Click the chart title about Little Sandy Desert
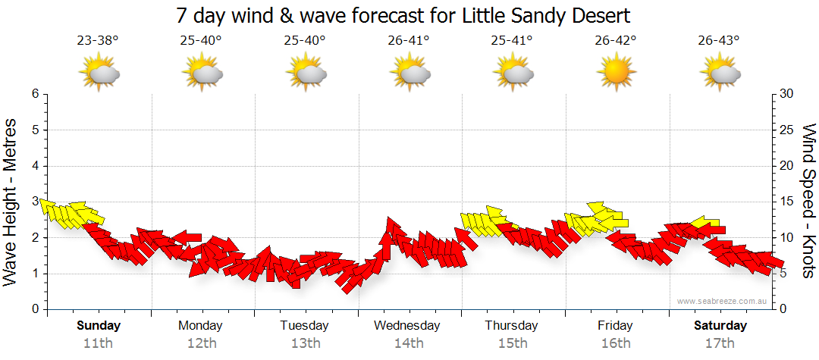[x=403, y=15]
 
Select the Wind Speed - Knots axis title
[x=808, y=201]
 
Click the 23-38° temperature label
[x=97, y=41]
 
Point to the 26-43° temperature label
[x=719, y=41]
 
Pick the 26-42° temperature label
[x=615, y=41]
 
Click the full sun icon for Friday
[x=615, y=73]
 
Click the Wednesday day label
[x=406, y=326]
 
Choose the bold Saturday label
[x=720, y=326]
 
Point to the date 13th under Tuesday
[x=304, y=343]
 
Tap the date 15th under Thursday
[x=512, y=343]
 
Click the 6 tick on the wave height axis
[x=34, y=94]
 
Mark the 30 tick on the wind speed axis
[x=788, y=94]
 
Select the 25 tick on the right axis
[x=788, y=130]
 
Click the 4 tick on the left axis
[x=34, y=166]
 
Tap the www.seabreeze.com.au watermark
[x=723, y=301]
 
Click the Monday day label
[x=200, y=326]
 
